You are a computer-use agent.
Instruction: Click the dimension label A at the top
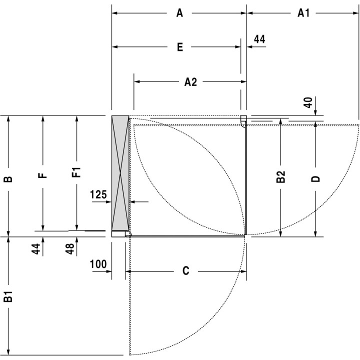pos(179,13)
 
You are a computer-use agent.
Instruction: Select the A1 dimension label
pos(303,13)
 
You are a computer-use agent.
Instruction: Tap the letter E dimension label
pos(180,47)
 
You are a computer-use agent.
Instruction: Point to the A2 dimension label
pos(190,82)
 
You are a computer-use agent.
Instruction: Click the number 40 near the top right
pos(308,102)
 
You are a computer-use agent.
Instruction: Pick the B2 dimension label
pos(280,177)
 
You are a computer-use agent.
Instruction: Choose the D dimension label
pos(315,179)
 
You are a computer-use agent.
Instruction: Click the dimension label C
pos(185,271)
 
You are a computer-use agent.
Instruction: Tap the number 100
pos(98,264)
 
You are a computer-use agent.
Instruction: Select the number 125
pos(98,194)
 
